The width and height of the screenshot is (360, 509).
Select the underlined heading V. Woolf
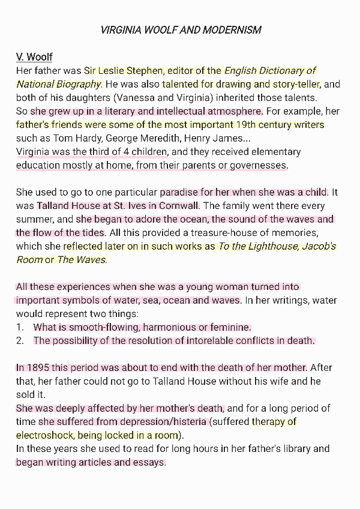point(34,57)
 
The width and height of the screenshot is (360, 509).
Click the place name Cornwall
point(178,206)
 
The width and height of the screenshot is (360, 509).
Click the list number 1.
point(20,328)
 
